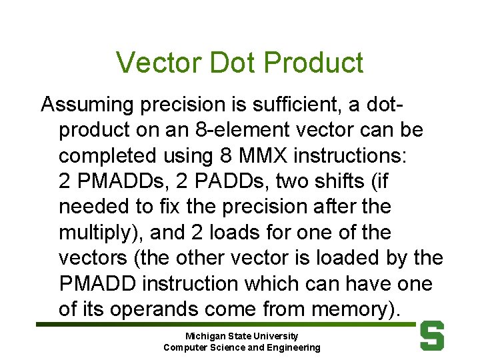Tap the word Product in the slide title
[x=313, y=63]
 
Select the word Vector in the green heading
[x=158, y=63]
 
